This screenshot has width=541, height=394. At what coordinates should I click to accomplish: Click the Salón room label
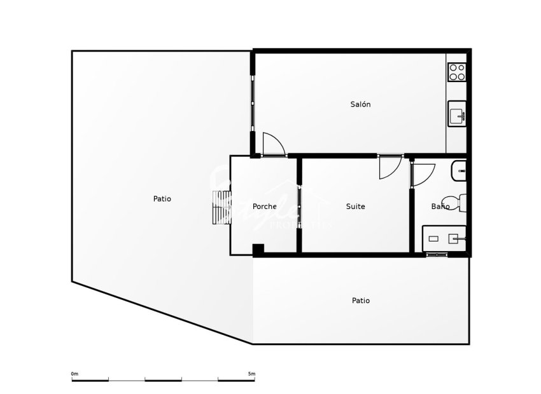coord(360,104)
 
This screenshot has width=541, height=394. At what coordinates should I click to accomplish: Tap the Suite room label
coord(355,207)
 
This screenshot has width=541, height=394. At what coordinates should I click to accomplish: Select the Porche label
coord(264,207)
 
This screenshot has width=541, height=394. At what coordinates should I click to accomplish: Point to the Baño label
coord(440,207)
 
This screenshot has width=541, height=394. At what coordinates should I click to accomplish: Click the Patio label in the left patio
coord(162,199)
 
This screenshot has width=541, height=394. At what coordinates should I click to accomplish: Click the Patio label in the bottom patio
coord(360,301)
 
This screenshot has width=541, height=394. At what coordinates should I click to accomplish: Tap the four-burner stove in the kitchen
coord(457,72)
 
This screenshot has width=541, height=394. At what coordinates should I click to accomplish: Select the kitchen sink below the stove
coord(457,114)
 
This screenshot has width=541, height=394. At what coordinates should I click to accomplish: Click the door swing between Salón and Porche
coord(272,144)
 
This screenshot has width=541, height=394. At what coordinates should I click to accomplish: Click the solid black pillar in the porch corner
coord(258,250)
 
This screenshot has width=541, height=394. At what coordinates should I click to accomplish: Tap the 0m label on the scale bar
coord(74,374)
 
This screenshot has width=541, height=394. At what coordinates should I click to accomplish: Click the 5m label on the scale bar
coord(251,374)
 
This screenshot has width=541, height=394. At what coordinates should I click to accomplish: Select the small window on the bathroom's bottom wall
coord(436,255)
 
